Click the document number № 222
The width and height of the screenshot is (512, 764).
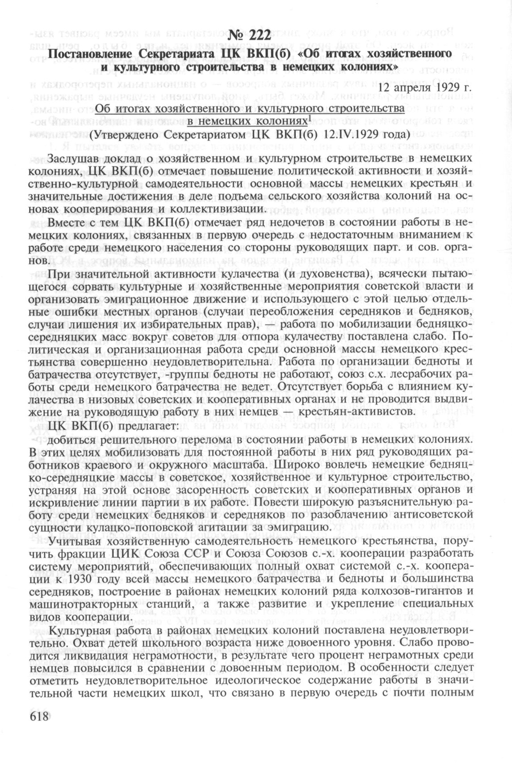click(x=249, y=36)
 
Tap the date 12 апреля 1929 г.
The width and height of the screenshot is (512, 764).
click(x=425, y=87)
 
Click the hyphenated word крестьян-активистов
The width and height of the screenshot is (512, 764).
click(x=351, y=410)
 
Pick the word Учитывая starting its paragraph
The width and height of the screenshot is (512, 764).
click(x=76, y=542)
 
